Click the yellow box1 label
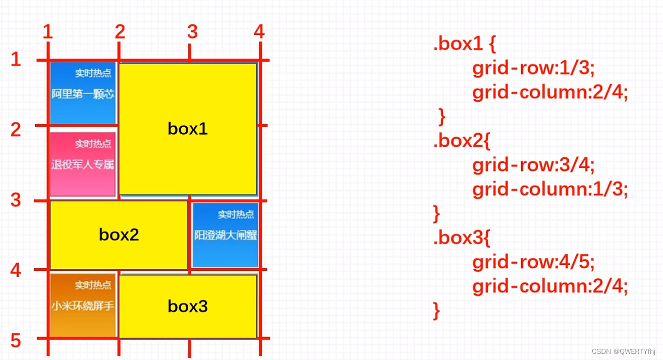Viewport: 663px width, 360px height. click(x=188, y=129)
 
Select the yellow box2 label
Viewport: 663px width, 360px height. click(x=119, y=235)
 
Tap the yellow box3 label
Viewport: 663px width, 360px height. click(x=188, y=306)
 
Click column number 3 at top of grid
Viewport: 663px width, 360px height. click(x=192, y=32)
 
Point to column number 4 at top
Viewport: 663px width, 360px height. click(x=259, y=32)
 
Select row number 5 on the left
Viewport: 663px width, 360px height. click(x=16, y=341)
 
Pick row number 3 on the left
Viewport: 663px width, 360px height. click(x=16, y=200)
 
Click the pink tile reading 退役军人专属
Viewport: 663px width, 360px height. click(x=83, y=164)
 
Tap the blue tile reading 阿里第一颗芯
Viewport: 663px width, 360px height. click(x=83, y=93)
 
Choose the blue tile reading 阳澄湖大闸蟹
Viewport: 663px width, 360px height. click(x=226, y=235)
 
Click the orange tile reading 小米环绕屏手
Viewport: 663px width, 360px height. click(x=83, y=306)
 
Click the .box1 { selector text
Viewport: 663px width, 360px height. click(x=464, y=44)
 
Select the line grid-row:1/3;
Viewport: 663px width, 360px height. click(x=534, y=69)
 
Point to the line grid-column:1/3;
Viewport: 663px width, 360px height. click(x=550, y=190)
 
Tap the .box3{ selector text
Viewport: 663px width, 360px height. click(x=461, y=238)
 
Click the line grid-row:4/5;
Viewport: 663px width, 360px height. click(x=534, y=262)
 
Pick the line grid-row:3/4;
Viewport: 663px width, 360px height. click(x=534, y=165)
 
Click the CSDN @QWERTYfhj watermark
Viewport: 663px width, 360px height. click(x=624, y=351)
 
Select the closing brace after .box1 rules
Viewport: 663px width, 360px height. click(x=442, y=117)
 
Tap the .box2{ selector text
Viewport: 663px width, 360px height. click(x=461, y=141)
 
